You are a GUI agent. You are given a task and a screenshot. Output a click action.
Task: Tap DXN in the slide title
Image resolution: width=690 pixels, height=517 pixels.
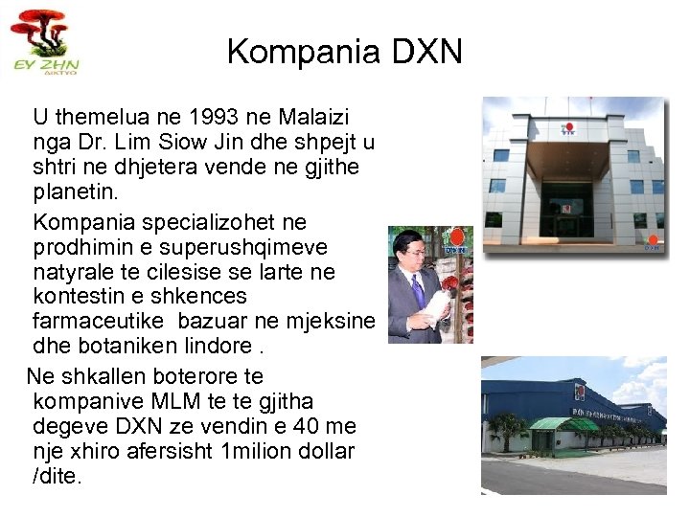(x=423, y=52)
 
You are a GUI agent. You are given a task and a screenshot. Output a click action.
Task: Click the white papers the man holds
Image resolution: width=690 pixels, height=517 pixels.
(x=438, y=308)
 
